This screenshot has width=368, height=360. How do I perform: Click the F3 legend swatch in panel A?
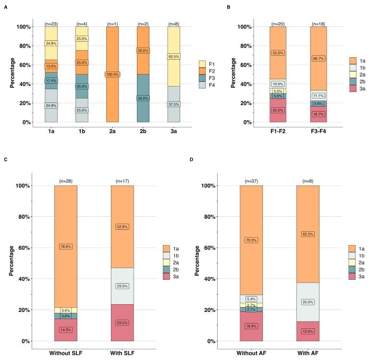point(203,77)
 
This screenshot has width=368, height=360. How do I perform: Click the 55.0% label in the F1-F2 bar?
point(278,53)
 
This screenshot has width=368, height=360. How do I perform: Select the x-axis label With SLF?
point(122,353)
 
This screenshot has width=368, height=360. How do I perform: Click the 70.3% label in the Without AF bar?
point(251,240)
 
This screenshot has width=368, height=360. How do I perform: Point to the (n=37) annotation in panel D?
point(251,181)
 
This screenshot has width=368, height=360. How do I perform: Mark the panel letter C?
point(5,159)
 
